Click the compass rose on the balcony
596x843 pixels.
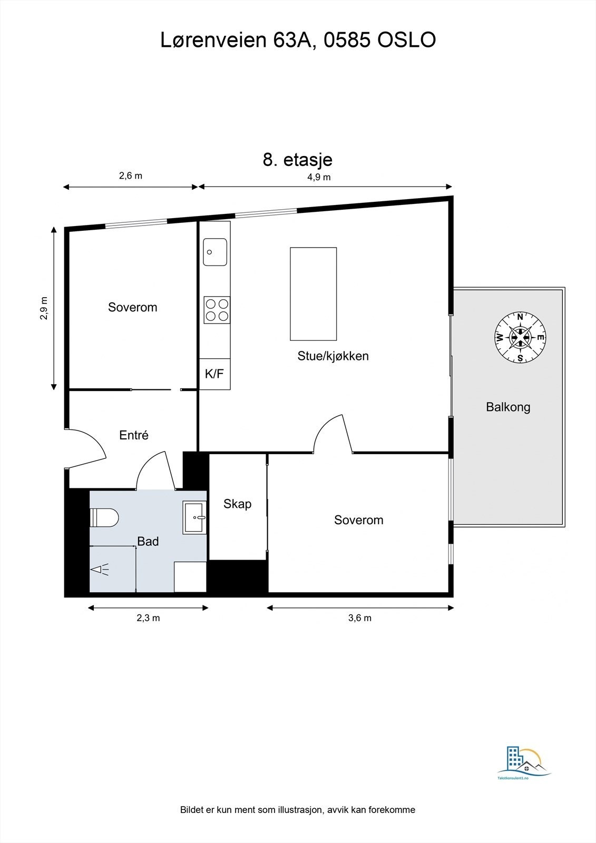520,337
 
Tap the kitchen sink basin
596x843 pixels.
215,252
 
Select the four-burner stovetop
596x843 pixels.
217,310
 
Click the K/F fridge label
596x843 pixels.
214,374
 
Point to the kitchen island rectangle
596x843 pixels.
313,294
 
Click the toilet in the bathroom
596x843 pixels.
104,517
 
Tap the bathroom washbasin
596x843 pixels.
194,517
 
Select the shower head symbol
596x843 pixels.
100,569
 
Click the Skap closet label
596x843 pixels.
237,504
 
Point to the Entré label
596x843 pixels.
134,435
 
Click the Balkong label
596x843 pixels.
508,407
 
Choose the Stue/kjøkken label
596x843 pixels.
333,356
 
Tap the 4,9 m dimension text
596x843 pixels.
319,177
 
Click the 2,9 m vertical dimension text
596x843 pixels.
44,308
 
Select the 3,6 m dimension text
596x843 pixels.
359,618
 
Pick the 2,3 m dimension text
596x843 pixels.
148,618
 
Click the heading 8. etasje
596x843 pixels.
297,160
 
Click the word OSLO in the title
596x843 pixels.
407,40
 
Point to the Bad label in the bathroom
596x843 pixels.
148,541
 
